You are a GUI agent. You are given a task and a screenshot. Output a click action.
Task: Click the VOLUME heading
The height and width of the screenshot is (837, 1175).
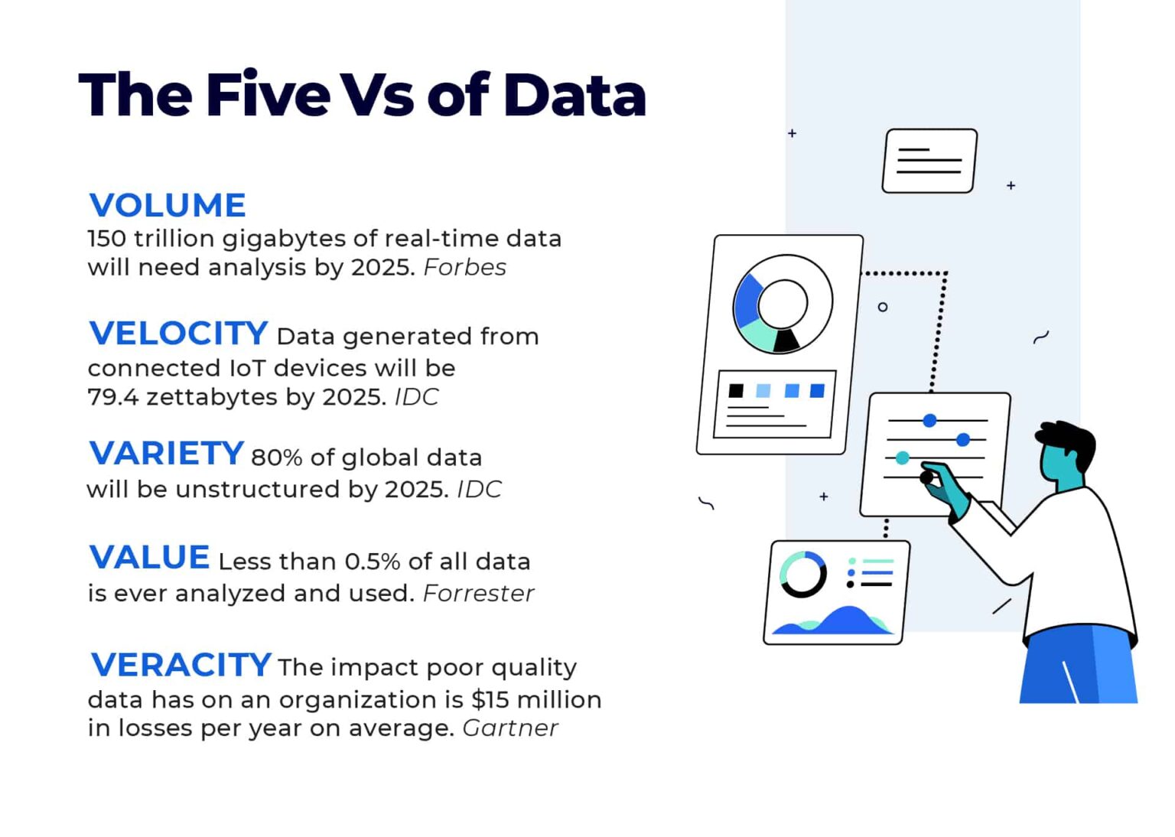[168, 206]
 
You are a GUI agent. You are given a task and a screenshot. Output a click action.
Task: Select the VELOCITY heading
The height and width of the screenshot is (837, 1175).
[178, 334]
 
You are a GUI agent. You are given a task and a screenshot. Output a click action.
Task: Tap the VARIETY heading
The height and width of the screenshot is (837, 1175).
[167, 454]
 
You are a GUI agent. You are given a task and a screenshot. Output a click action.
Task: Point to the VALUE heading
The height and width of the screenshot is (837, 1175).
[150, 558]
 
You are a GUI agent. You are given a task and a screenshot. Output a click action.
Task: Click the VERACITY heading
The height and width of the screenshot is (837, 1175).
[181, 665]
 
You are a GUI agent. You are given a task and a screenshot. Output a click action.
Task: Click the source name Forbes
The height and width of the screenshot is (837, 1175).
[464, 268]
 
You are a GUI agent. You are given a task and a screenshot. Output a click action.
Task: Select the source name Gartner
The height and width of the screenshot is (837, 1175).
[510, 728]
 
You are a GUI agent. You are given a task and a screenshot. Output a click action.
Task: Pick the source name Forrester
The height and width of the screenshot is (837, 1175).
[478, 594]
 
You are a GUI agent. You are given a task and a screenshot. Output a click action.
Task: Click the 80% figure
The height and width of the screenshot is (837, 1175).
[277, 458]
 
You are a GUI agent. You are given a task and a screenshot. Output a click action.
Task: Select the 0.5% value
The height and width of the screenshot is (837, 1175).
[373, 562]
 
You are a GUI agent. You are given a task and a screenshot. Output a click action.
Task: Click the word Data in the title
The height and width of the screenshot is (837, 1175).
[574, 96]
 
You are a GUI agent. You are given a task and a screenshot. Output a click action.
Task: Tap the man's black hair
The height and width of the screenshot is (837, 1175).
[1071, 440]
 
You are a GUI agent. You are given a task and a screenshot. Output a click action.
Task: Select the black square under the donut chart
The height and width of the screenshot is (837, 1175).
[736, 391]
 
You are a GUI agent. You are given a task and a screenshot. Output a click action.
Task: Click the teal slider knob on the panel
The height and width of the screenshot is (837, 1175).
[903, 458]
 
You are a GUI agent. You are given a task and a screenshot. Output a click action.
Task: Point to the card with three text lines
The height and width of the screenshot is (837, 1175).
[929, 161]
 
